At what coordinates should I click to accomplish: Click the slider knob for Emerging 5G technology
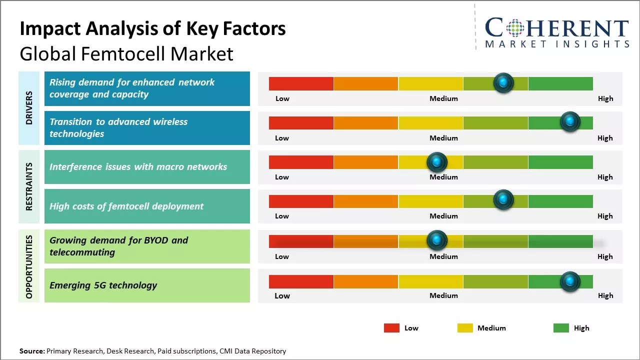click(570, 281)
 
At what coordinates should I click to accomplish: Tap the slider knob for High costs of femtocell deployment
click(503, 199)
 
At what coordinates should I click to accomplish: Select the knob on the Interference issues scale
click(437, 161)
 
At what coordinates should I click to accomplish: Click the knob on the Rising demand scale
click(503, 82)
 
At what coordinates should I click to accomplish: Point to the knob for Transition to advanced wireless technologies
click(570, 121)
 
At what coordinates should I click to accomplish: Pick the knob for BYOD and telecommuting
click(437, 240)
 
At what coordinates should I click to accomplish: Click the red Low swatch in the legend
click(391, 328)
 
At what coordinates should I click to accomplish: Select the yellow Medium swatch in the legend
click(465, 328)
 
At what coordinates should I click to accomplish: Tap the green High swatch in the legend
click(561, 328)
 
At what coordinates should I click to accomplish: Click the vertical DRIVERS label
click(29, 108)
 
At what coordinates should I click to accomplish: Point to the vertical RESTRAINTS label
click(29, 186)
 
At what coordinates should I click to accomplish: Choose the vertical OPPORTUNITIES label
click(29, 266)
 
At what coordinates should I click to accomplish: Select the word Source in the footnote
click(32, 351)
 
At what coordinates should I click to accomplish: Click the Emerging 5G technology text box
click(147, 285)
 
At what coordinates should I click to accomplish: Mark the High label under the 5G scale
click(605, 295)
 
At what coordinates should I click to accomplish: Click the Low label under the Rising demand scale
click(282, 98)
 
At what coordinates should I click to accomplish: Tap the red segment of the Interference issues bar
click(301, 162)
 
